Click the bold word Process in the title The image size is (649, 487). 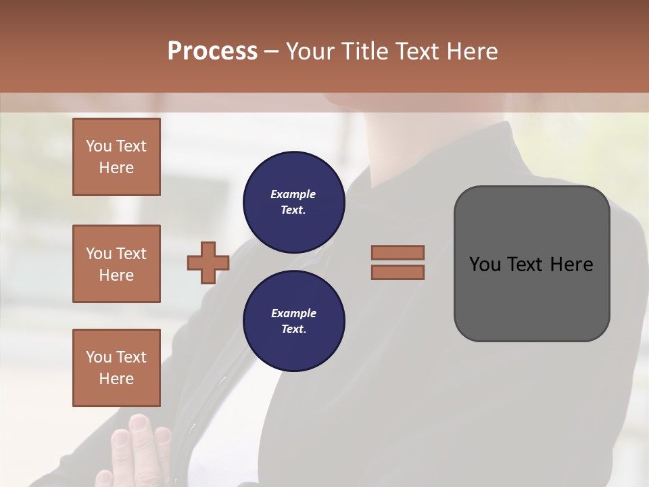point(212,51)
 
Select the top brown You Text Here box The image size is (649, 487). point(116,157)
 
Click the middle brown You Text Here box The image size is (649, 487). point(116,264)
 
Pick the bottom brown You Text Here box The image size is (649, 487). point(116,367)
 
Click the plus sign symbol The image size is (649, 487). point(208,262)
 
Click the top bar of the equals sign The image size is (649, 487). point(398,252)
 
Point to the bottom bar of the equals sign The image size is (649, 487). point(398,272)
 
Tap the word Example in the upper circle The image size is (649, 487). point(293,194)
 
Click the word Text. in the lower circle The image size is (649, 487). point(293,329)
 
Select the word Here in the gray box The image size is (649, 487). point(571,264)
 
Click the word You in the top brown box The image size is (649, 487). point(99,146)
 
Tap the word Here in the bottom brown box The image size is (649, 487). point(116,379)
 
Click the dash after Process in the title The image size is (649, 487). point(271,51)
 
